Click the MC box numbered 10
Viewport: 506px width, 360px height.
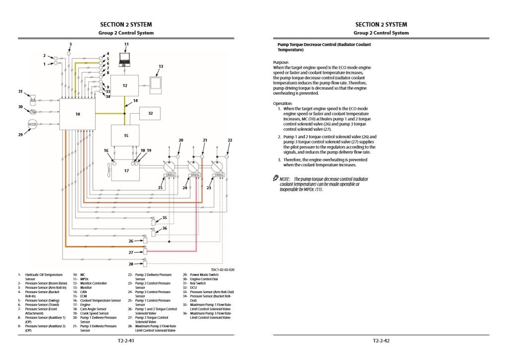click(77, 114)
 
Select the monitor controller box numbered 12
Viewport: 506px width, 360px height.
click(124, 86)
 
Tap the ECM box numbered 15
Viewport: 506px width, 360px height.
click(125, 135)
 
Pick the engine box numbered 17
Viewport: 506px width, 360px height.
click(126, 170)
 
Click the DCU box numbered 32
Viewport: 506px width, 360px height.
click(151, 113)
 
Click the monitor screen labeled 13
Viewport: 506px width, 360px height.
click(157, 83)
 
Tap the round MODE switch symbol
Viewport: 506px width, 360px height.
click(32, 124)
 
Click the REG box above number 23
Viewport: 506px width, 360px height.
click(218, 175)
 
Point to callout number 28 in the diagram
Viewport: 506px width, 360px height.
click(131, 263)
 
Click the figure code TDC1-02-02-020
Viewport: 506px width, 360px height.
click(223, 270)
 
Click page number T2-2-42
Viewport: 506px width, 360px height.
click(381, 341)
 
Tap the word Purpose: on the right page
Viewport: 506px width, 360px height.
click(281, 62)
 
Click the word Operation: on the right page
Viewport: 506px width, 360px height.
click(282, 103)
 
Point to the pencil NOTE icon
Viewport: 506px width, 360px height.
click(276, 178)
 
